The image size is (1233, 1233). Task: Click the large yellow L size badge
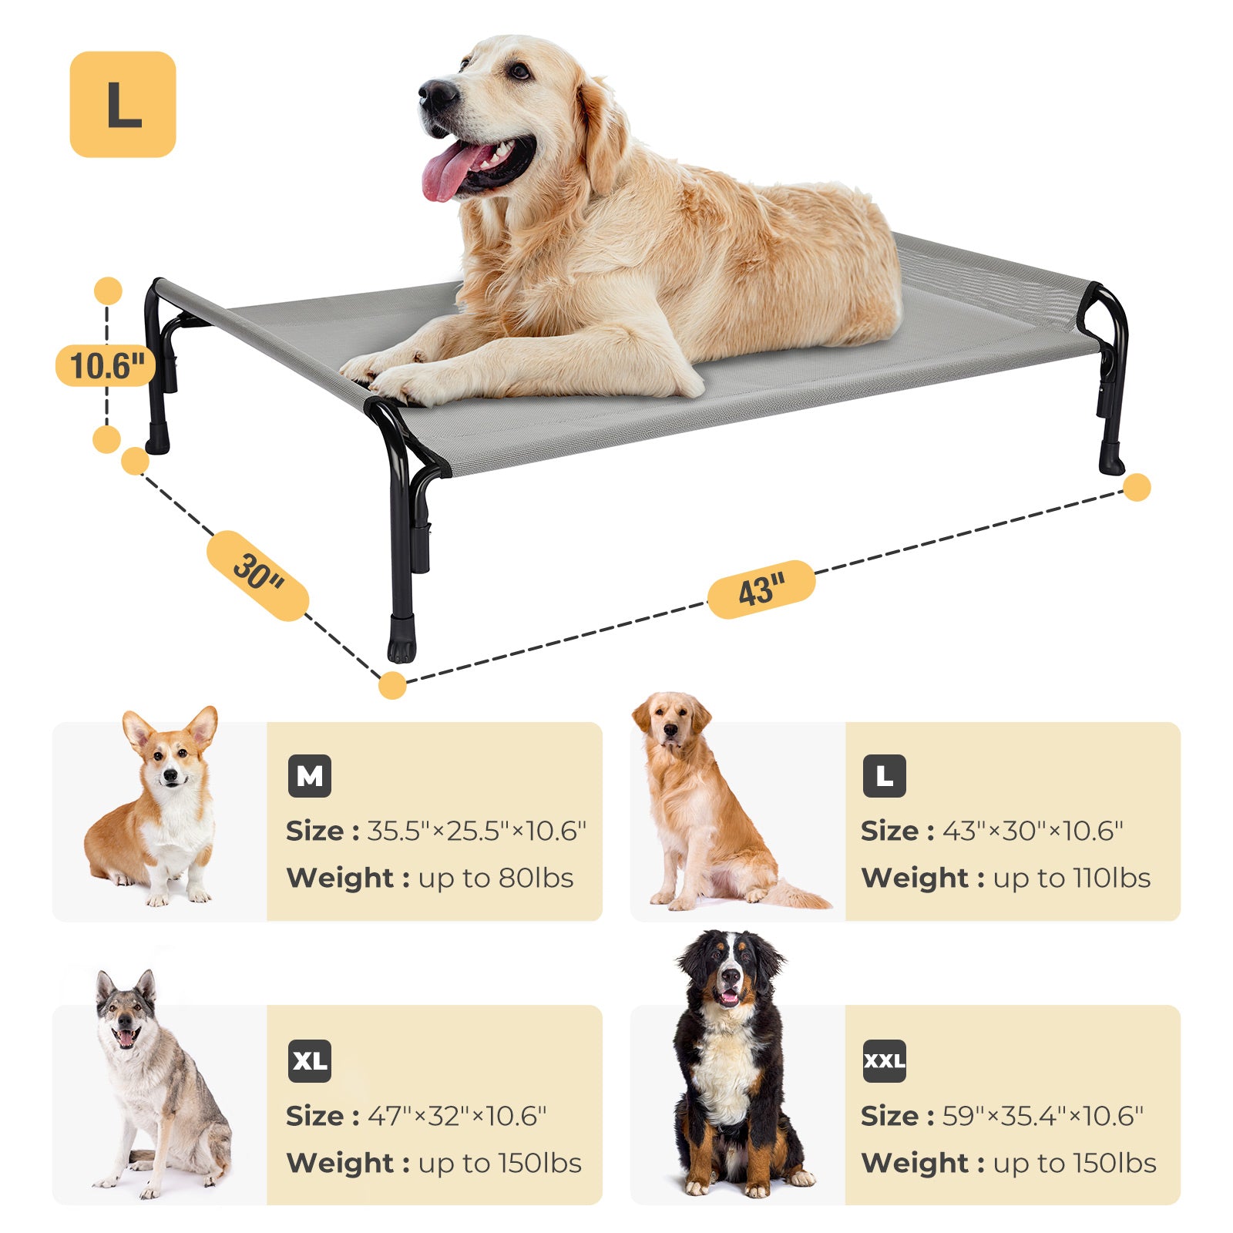click(x=123, y=105)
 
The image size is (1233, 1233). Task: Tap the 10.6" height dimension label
click(x=106, y=365)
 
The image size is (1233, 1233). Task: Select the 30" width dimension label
click(x=258, y=575)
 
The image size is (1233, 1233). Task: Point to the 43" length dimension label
click(x=761, y=590)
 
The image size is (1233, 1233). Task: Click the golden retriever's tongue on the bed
click(x=447, y=173)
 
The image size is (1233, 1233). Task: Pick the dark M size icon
click(x=309, y=776)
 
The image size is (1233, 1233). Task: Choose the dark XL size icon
click(x=309, y=1061)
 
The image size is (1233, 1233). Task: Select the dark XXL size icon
click(x=884, y=1061)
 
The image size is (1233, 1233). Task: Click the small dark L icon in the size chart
click(x=884, y=776)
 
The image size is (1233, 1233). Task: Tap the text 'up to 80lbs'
click(x=496, y=879)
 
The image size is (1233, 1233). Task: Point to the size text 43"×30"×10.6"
click(x=1033, y=831)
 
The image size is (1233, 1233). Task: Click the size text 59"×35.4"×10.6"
click(x=1043, y=1116)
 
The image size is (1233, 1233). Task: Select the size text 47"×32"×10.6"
click(x=457, y=1116)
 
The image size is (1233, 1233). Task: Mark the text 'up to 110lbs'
click(x=1072, y=879)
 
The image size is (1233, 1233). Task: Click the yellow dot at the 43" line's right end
click(x=1137, y=487)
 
